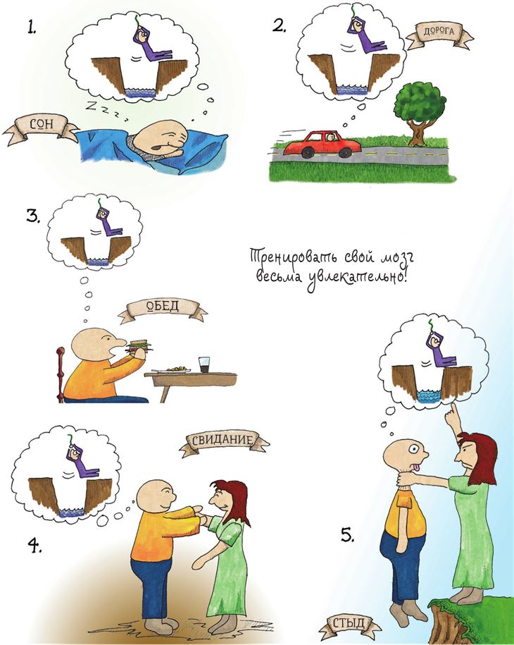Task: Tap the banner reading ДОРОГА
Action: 439,34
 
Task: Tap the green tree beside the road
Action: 420,112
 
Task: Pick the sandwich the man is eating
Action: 139,346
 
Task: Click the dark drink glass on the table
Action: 204,365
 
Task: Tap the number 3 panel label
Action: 32,216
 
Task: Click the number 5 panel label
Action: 347,535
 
